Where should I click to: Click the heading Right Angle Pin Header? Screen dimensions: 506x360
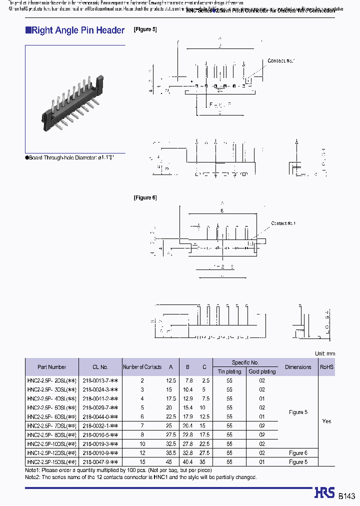click(75, 30)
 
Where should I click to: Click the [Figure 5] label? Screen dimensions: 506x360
click(145, 29)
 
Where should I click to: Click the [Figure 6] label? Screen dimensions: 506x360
click(145, 197)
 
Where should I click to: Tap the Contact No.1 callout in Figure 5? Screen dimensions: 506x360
click(281, 61)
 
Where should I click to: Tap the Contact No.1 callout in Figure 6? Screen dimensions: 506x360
click(283, 223)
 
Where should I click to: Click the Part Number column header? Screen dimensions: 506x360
click(51, 367)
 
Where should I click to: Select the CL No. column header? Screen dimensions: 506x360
click(100, 367)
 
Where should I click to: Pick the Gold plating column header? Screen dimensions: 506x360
click(261, 371)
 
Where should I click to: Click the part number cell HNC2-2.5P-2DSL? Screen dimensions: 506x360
click(51, 380)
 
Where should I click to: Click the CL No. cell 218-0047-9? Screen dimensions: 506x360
click(100, 462)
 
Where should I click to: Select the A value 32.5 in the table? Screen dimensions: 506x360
click(170, 444)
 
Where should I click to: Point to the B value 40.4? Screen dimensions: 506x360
click(187, 462)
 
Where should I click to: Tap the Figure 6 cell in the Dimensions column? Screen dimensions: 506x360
click(298, 453)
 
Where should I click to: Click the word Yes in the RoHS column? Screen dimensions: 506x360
click(326, 421)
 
